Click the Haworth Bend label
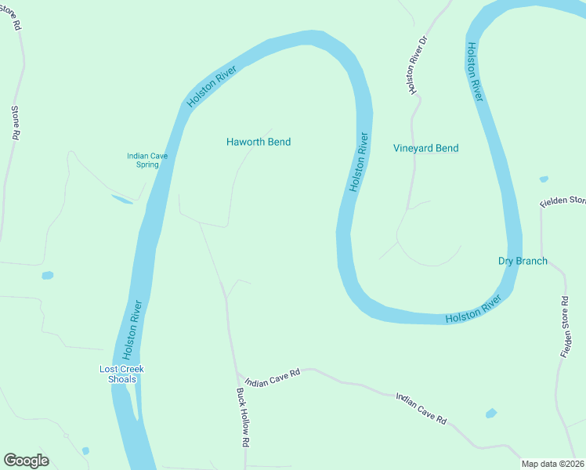click(x=258, y=142)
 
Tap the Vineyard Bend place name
click(x=425, y=148)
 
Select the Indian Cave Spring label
click(x=147, y=161)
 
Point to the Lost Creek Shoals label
click(x=121, y=374)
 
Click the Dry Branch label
click(x=523, y=261)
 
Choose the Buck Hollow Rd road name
click(x=244, y=418)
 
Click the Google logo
click(x=26, y=461)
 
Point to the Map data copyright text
click(x=553, y=464)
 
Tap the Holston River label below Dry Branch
click(x=473, y=310)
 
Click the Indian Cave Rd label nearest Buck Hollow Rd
click(x=272, y=378)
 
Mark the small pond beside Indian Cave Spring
click(x=122, y=200)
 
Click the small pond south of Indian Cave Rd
click(x=491, y=413)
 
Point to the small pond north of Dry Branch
click(x=544, y=179)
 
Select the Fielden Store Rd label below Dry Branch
click(x=565, y=327)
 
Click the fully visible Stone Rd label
click(x=14, y=123)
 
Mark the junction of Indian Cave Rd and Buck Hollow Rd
click(x=237, y=375)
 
